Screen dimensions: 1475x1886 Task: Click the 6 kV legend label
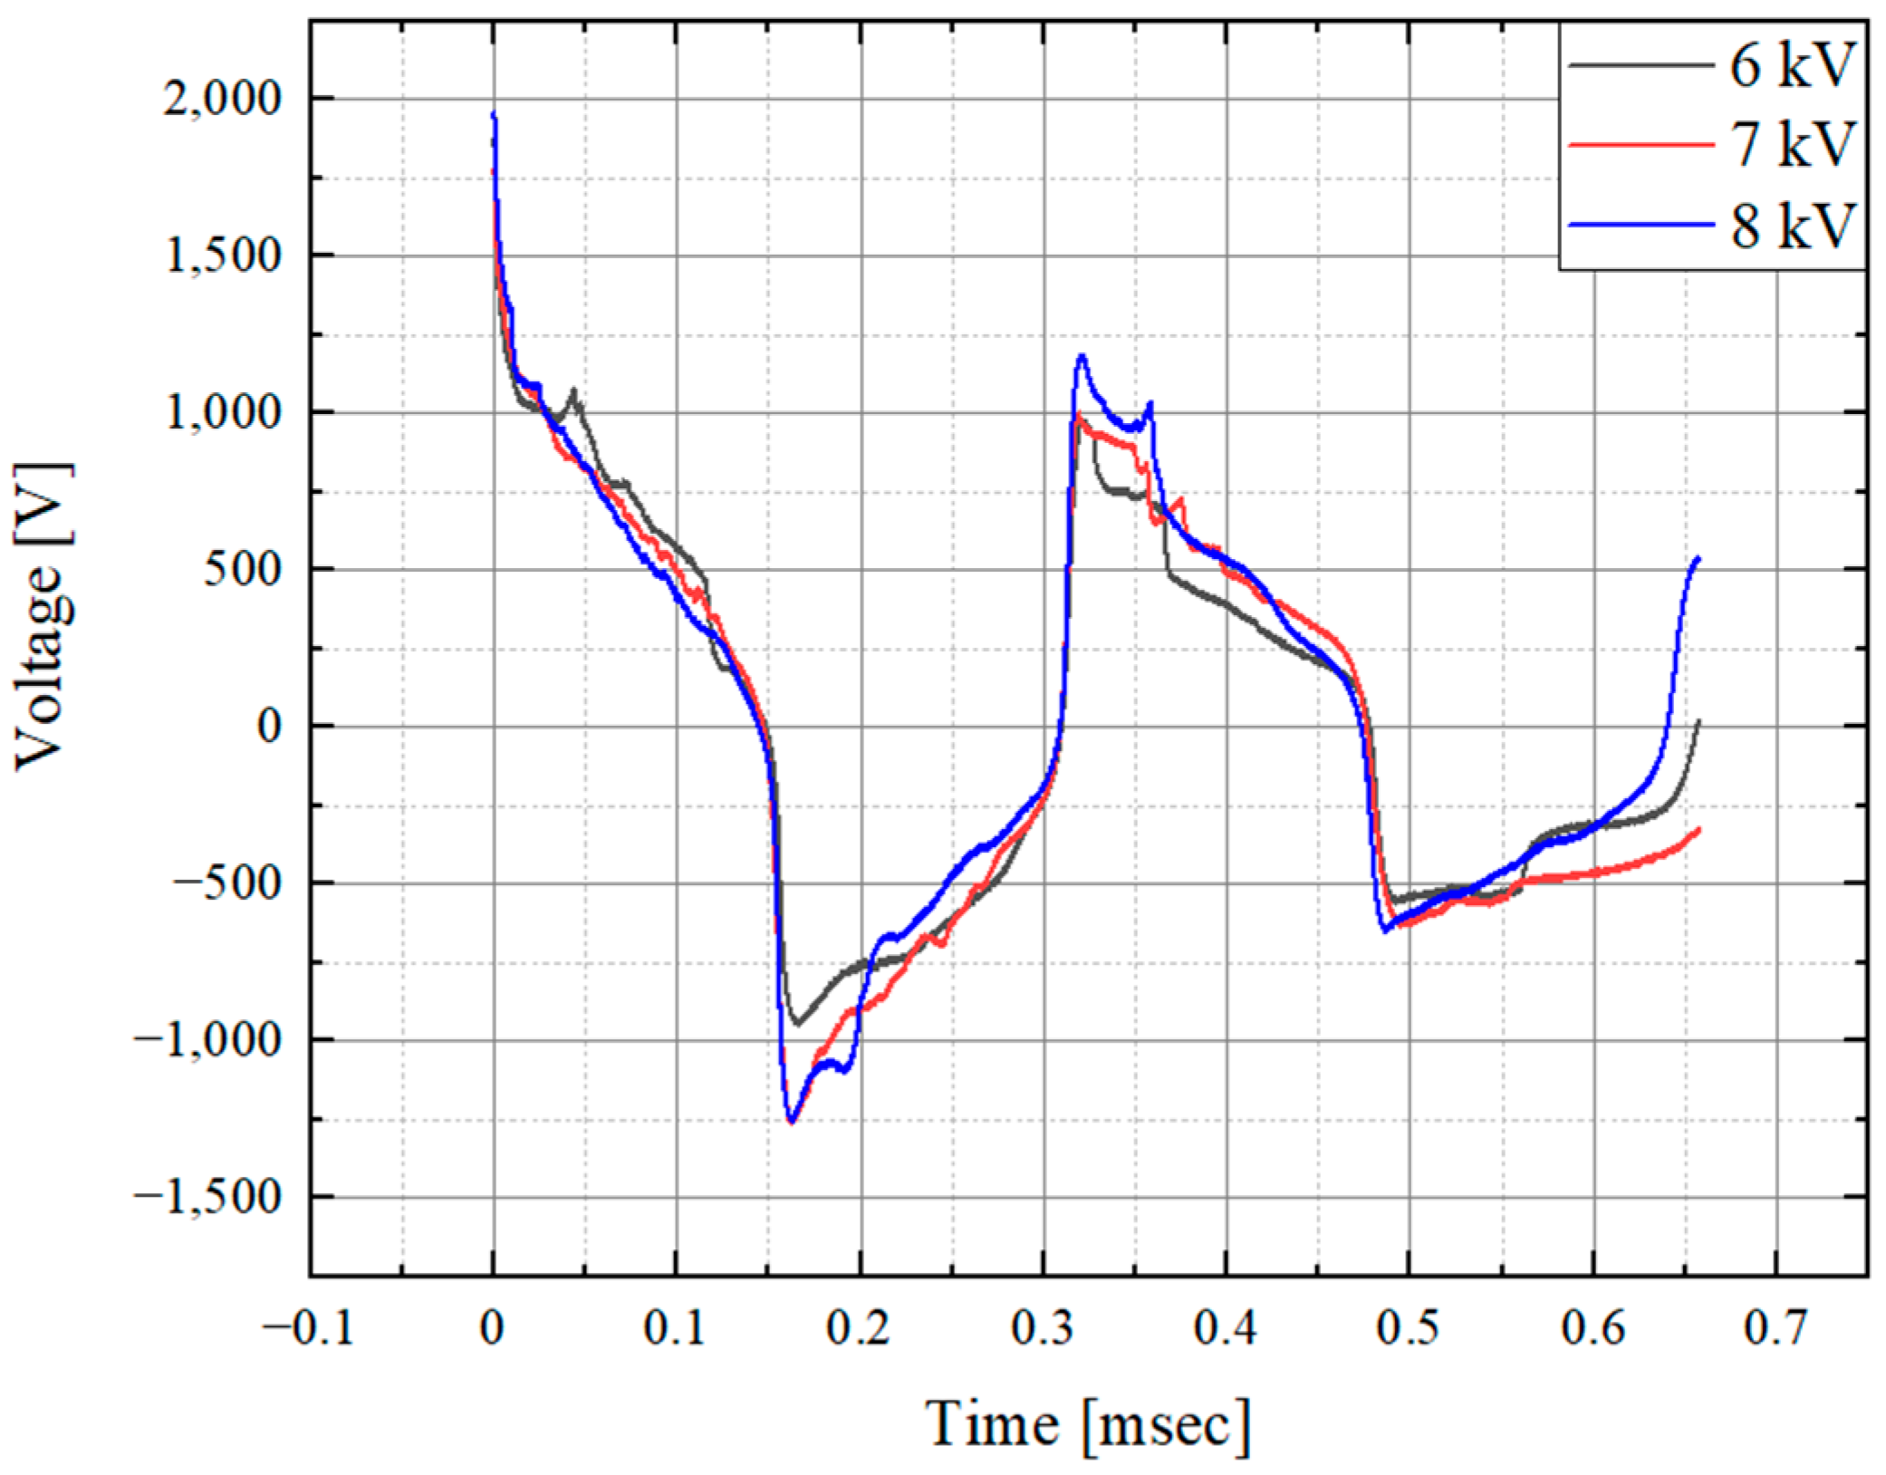(1792, 65)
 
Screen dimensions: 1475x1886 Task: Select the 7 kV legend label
(1792, 144)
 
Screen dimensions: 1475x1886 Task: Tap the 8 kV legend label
(1792, 225)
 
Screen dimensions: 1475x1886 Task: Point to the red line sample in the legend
(1640, 144)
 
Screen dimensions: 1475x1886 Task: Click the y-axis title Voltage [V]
(43, 616)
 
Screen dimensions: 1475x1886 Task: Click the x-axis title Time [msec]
(1087, 1423)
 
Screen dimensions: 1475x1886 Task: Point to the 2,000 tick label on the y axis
(223, 98)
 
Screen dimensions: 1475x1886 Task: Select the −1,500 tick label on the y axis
(208, 1197)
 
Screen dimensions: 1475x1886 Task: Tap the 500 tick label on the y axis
(243, 569)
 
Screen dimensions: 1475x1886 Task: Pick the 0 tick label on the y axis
(269, 726)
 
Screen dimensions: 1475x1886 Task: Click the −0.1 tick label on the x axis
(308, 1328)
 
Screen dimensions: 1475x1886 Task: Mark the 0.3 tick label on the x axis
(1043, 1328)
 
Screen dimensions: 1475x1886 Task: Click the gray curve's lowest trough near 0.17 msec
(796, 1024)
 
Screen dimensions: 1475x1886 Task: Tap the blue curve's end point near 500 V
(1698, 558)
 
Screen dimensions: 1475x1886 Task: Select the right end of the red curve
(1698, 829)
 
